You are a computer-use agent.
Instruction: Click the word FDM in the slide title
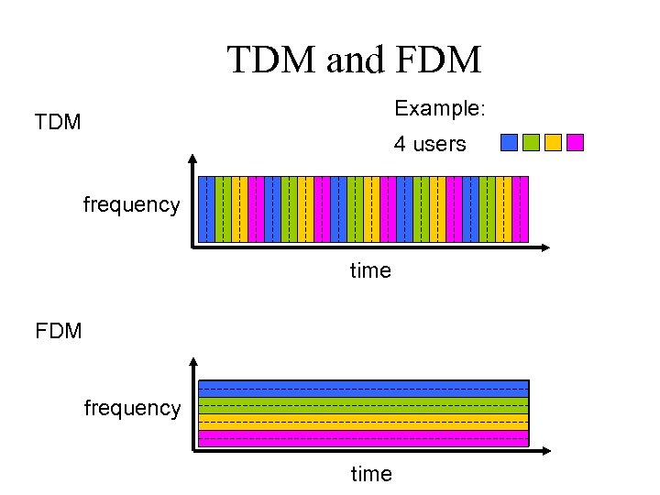(439, 60)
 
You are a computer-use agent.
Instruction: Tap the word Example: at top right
(439, 108)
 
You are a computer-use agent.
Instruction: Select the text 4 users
(430, 144)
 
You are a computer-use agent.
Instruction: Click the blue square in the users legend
(510, 142)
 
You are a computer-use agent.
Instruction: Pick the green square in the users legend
(531, 142)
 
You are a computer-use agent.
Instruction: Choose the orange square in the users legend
(553, 142)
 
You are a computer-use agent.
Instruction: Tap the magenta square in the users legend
(575, 142)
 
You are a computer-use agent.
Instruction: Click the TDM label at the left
(58, 122)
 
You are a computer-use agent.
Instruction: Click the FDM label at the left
(58, 330)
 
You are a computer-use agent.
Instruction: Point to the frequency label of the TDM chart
(131, 204)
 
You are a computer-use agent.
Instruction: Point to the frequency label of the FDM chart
(132, 407)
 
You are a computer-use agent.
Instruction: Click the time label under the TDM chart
(370, 270)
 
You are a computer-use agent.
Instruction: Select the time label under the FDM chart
(370, 474)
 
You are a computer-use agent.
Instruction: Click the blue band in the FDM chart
(364, 389)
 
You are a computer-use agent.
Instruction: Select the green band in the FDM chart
(364, 405)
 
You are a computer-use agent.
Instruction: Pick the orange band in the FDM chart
(364, 422)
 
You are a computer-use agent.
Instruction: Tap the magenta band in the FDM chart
(364, 438)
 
